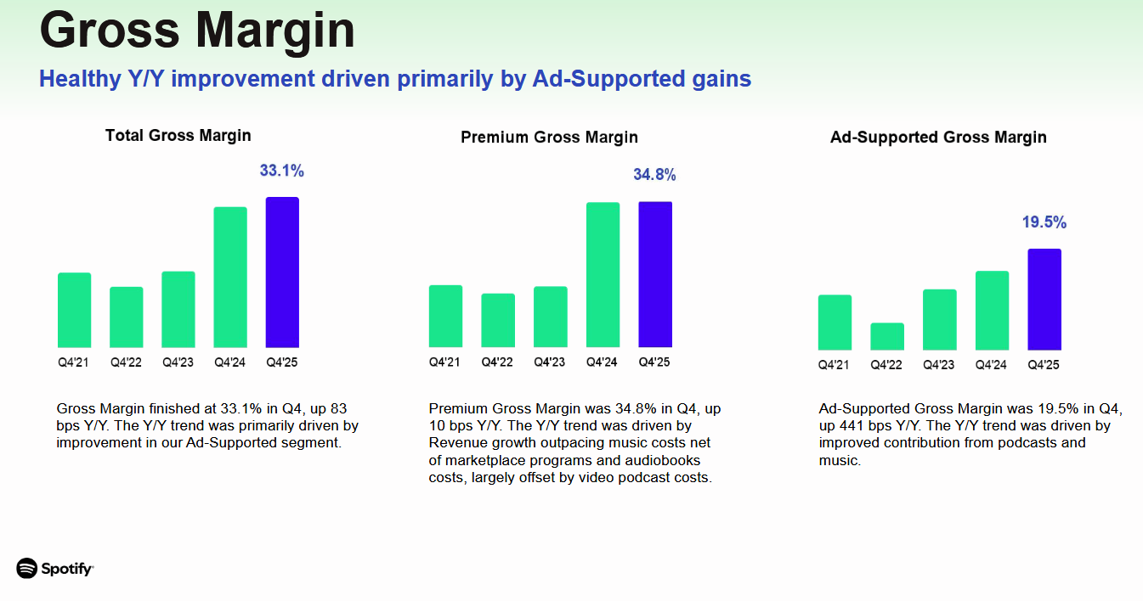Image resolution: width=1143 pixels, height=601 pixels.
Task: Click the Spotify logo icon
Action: point(27,568)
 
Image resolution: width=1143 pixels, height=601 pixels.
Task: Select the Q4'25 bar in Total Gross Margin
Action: point(282,272)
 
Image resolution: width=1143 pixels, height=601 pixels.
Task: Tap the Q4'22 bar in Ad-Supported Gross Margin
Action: point(887,336)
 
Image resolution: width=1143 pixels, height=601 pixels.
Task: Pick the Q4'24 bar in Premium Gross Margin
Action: point(603,275)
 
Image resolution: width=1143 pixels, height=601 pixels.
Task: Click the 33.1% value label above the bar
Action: point(281,171)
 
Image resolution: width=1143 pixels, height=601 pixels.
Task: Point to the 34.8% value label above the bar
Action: point(654,175)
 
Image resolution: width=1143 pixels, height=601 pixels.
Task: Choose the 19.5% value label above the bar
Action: point(1044,222)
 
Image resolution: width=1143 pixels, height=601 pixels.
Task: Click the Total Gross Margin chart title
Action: point(178,135)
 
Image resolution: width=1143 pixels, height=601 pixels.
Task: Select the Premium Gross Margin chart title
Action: point(549,137)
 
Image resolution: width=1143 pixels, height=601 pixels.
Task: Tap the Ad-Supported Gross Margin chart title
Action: point(938,137)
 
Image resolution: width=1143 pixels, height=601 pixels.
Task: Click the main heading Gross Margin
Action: point(197,31)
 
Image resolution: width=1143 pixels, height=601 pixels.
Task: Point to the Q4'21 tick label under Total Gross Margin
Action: point(74,362)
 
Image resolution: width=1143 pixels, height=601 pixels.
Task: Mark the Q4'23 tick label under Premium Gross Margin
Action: point(549,362)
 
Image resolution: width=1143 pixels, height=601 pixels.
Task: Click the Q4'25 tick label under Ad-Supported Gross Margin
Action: point(1044,365)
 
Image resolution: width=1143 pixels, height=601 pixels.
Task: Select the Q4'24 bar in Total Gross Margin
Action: point(230,277)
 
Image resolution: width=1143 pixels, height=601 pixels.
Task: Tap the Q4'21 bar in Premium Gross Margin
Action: point(445,316)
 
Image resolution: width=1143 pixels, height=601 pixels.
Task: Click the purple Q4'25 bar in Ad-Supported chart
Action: point(1044,299)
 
